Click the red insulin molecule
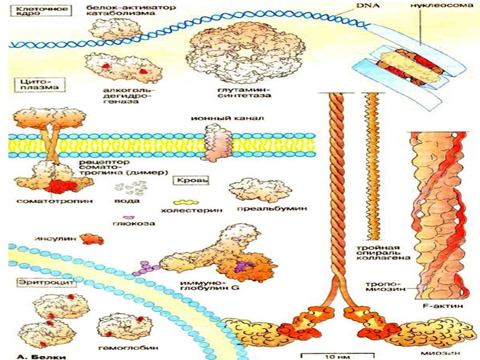92,239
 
